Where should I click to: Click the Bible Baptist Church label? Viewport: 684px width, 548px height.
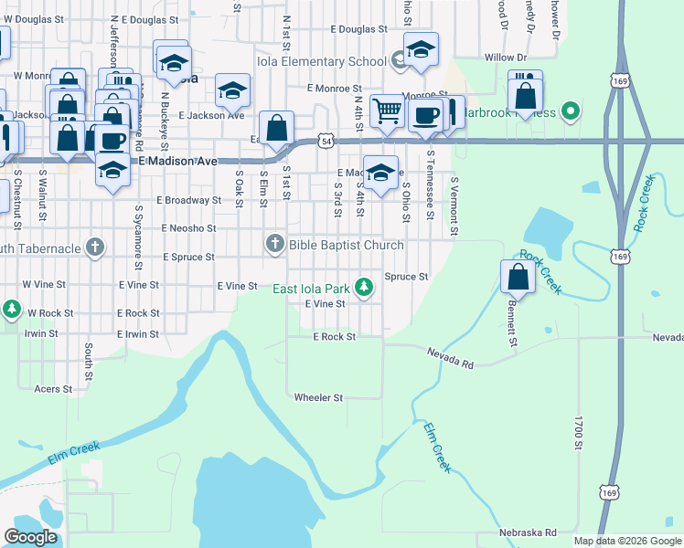click(x=346, y=245)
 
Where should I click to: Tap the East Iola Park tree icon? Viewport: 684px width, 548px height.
click(x=365, y=288)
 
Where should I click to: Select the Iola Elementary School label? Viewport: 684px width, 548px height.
click(x=335, y=62)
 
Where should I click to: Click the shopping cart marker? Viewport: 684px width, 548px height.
click(x=388, y=111)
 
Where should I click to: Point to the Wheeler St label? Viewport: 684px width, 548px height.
click(x=318, y=397)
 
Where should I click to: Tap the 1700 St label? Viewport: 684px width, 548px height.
click(x=578, y=433)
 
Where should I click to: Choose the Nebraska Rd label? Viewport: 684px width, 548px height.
click(x=528, y=532)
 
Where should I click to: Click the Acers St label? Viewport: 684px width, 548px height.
click(x=54, y=389)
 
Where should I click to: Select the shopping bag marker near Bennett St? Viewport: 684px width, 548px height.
click(x=518, y=278)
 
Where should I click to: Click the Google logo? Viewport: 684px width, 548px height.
click(x=30, y=537)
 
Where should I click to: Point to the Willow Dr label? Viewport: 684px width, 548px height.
click(x=500, y=58)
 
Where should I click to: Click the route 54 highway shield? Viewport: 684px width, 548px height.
click(x=326, y=141)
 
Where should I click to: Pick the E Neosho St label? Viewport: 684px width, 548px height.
click(x=188, y=228)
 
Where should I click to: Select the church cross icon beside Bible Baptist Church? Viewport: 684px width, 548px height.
click(x=274, y=244)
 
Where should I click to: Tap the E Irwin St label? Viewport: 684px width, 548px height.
click(x=138, y=334)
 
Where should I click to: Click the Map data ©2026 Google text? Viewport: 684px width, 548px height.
click(x=626, y=541)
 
